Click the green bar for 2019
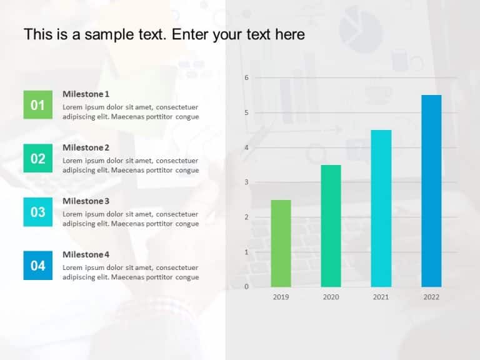click(281, 243)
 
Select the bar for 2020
click(331, 226)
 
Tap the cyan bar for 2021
click(381, 208)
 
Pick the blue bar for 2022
click(431, 191)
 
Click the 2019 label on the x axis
click(281, 297)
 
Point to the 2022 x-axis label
click(431, 297)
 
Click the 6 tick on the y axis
click(246, 77)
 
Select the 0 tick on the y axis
click(246, 287)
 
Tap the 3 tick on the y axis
click(246, 182)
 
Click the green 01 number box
click(38, 105)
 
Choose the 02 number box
click(38, 159)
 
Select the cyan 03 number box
click(38, 212)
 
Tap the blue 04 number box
click(38, 266)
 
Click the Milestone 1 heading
click(86, 94)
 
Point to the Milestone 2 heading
click(86, 147)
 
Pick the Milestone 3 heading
click(86, 201)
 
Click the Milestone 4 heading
click(86, 254)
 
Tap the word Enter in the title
click(191, 34)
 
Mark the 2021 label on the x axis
click(381, 297)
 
